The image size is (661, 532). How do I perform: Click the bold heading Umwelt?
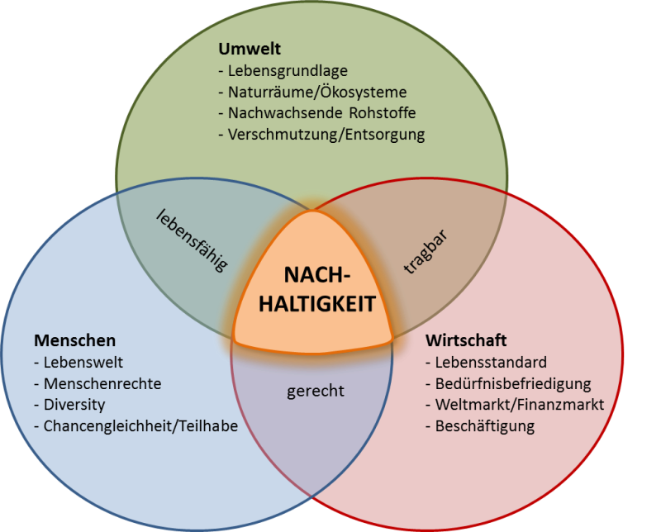click(250, 49)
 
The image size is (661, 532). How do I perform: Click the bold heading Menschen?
click(75, 340)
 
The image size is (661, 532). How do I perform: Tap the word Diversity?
click(74, 405)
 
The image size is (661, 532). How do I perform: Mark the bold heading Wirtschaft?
click(466, 340)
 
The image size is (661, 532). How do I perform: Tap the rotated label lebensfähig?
click(192, 241)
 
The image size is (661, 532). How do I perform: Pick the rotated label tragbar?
click(425, 252)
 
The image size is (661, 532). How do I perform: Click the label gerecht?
click(316, 392)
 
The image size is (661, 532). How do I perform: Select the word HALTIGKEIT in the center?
click(317, 303)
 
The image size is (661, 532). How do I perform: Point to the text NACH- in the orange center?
click(317, 275)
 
